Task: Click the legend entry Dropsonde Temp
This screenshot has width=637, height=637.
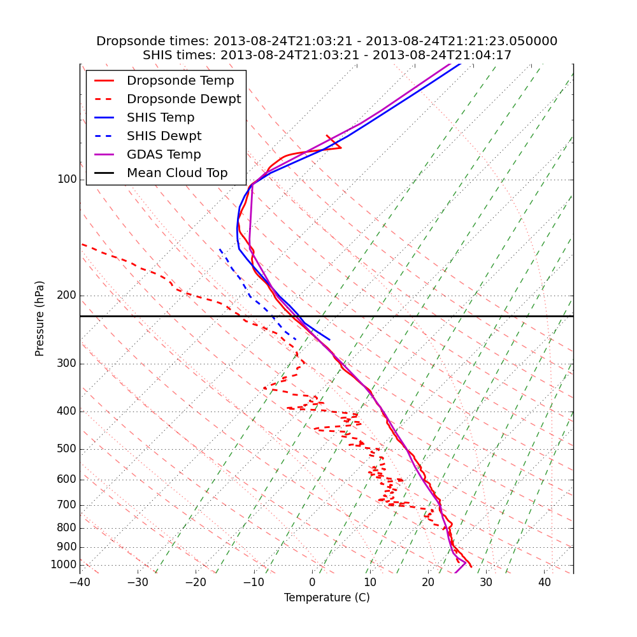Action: (x=180, y=81)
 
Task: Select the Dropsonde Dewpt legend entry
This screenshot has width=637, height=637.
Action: (x=183, y=99)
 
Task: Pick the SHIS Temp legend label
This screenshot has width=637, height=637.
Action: (x=161, y=118)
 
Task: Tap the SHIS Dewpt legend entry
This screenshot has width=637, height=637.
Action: (x=164, y=136)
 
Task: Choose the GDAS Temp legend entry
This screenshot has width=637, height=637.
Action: (x=164, y=155)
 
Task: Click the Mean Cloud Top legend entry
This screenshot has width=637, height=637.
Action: (x=177, y=173)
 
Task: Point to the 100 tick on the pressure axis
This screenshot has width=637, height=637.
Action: (x=67, y=180)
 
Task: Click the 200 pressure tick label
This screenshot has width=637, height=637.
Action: (x=67, y=296)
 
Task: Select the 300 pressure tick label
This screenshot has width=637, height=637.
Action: (x=67, y=364)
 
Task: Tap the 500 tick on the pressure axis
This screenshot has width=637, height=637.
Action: (x=67, y=449)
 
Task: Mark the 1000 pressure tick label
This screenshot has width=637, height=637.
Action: (x=64, y=565)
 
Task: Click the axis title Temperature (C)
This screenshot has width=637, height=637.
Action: (x=327, y=598)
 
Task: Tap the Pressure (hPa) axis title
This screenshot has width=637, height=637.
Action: (x=40, y=318)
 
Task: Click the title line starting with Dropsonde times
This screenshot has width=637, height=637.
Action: (x=327, y=41)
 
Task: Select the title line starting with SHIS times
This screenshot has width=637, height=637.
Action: (x=327, y=55)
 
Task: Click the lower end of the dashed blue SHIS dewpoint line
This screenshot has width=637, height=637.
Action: (x=295, y=340)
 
